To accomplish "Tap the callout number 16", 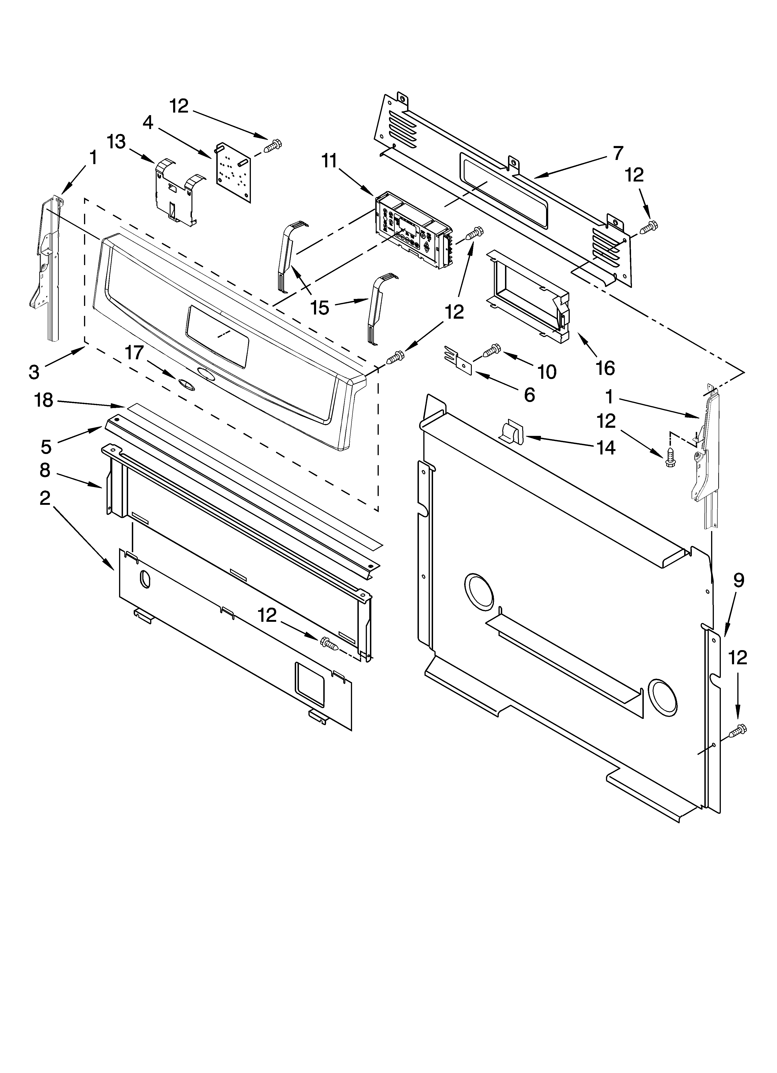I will click(x=605, y=368).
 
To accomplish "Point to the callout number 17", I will click(x=134, y=353).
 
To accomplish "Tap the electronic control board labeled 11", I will click(x=412, y=230).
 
